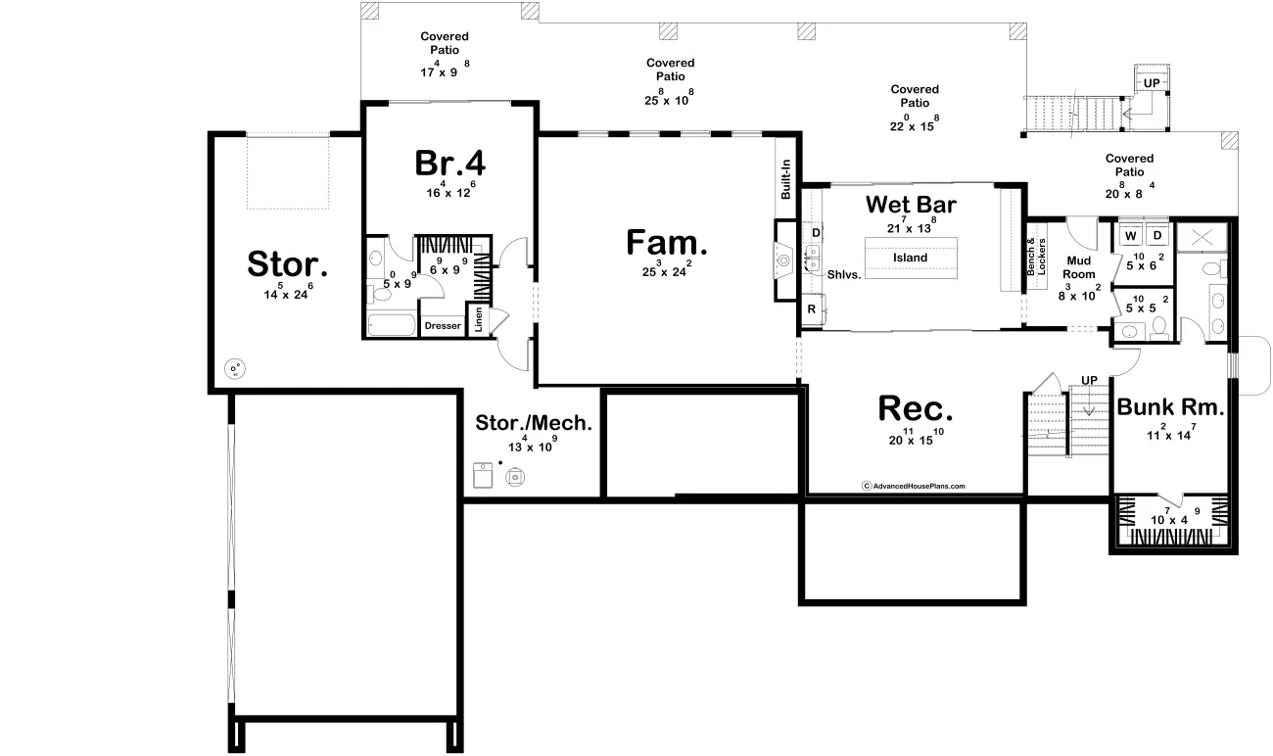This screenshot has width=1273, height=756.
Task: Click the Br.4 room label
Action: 449,164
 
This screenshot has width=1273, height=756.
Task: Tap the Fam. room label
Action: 667,243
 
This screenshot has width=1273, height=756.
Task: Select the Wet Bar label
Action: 910,205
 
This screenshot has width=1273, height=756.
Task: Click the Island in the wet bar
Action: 910,258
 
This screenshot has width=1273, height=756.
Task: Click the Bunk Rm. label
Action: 1170,407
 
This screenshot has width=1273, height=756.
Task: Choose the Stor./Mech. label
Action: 534,423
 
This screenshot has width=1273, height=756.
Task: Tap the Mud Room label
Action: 1079,268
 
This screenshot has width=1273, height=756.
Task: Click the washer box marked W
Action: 1129,236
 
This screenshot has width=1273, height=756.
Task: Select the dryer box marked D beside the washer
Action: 1155,236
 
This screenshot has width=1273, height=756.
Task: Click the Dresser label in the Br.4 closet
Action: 442,326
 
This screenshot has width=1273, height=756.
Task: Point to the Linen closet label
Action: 478,320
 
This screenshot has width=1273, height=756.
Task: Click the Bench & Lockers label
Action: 1036,257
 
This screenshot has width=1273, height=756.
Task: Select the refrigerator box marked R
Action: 812,309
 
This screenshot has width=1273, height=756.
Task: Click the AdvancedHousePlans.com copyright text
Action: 913,486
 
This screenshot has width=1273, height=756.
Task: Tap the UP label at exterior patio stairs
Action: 1152,83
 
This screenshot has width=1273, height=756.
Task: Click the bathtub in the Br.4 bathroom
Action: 390,324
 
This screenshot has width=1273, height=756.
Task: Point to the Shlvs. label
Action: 843,275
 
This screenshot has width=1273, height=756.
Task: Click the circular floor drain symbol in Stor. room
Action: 235,369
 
